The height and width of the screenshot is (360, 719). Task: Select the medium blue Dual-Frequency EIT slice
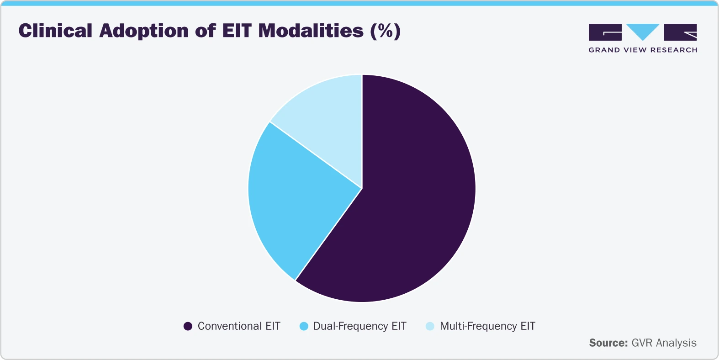pyautogui.click(x=292, y=201)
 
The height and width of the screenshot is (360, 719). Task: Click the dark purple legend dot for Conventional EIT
pyautogui.click(x=188, y=326)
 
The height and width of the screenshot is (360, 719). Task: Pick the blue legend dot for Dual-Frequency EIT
pyautogui.click(x=303, y=326)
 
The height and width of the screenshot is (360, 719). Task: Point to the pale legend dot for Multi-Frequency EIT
pyautogui.click(x=430, y=326)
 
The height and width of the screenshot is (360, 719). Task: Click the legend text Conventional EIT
pyautogui.click(x=239, y=326)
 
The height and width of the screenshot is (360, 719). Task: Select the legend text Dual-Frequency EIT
pyautogui.click(x=359, y=326)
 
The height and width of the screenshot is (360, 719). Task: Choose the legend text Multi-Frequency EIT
pyautogui.click(x=487, y=326)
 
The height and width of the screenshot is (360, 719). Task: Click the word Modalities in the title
pyautogui.click(x=311, y=31)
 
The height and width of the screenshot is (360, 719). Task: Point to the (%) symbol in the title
pyautogui.click(x=385, y=31)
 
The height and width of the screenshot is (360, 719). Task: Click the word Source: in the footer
pyautogui.click(x=608, y=343)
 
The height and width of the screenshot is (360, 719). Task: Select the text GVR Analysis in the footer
pyautogui.click(x=664, y=343)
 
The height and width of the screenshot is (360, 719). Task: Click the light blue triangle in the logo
pyautogui.click(x=643, y=31)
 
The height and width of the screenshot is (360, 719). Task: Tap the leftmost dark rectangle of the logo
pyautogui.click(x=605, y=32)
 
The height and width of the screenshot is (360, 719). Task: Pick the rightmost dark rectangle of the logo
pyautogui.click(x=680, y=32)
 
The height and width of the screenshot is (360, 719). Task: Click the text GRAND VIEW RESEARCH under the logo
pyautogui.click(x=643, y=50)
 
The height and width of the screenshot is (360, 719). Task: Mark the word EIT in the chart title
pyautogui.click(x=237, y=31)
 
